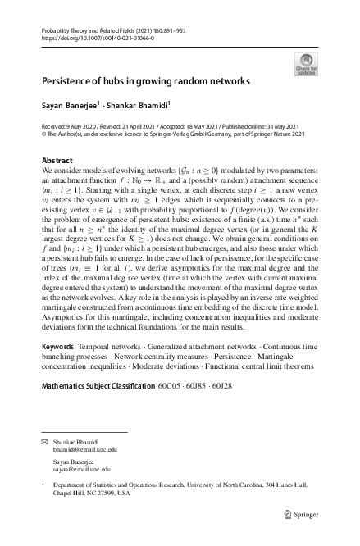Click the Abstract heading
[x=57, y=161]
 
